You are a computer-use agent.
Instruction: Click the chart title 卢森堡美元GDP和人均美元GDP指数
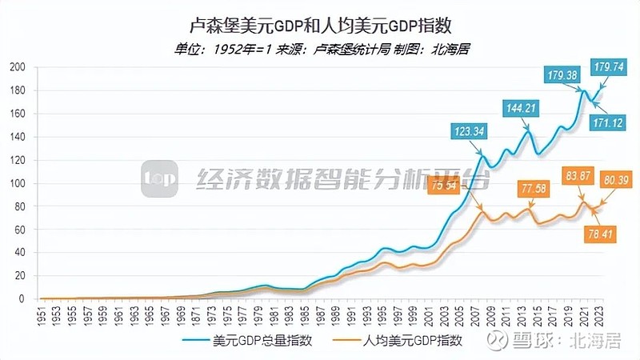(x=320, y=27)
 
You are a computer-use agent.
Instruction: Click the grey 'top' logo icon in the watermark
(x=159, y=179)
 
